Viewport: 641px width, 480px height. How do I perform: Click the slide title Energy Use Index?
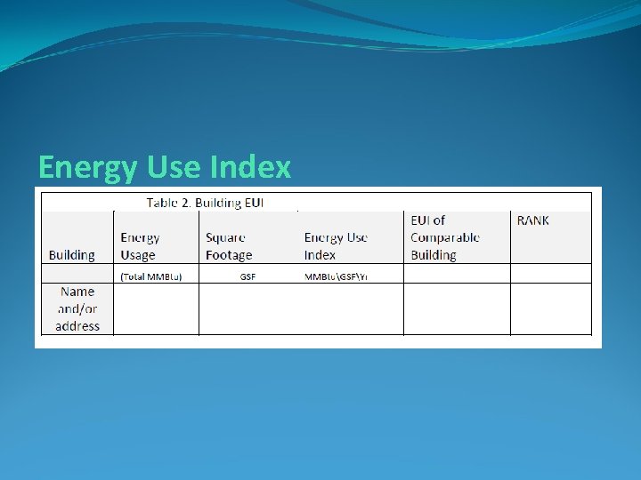click(165, 167)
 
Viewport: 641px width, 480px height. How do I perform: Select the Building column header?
click(71, 255)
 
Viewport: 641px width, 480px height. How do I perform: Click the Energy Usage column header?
click(141, 246)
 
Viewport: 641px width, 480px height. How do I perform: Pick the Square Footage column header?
click(229, 246)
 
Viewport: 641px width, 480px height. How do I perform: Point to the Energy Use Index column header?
click(336, 246)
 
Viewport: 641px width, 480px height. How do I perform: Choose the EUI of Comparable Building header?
click(444, 237)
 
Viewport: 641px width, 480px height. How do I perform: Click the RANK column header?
click(533, 220)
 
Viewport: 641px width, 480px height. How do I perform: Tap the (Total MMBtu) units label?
click(151, 276)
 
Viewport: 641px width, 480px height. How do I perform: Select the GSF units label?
click(247, 276)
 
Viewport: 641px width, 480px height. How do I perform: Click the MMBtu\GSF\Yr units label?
click(337, 276)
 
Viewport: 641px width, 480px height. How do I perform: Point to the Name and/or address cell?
click(77, 308)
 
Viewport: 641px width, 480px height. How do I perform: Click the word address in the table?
click(77, 326)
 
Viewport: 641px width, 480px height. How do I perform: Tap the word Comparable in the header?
click(444, 237)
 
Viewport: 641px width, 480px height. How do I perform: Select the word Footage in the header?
click(229, 255)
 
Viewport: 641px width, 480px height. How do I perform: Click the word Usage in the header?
click(138, 255)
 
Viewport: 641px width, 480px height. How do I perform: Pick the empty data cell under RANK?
click(551, 308)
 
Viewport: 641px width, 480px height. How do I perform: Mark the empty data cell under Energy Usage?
click(156, 308)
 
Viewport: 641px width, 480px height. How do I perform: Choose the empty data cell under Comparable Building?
click(457, 308)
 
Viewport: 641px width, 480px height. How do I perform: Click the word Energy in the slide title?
click(76, 167)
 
